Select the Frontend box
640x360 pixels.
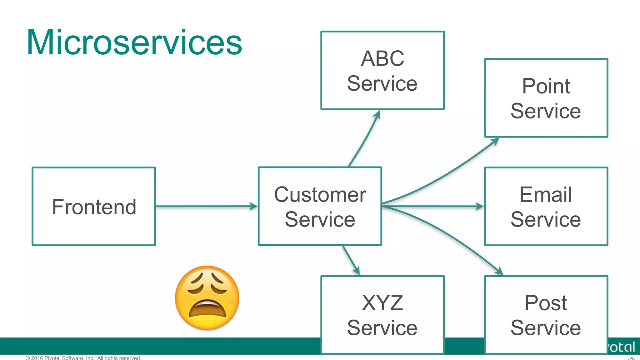click(94, 207)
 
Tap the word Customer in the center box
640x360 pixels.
click(320, 194)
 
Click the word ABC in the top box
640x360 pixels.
click(382, 58)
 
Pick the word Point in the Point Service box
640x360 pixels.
click(546, 86)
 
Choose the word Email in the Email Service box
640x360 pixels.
click(546, 194)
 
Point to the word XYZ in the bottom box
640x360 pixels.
click(382, 303)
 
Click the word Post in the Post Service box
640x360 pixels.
click(546, 303)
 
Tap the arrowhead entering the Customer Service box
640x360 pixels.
click(253, 206)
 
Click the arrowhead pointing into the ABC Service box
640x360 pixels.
click(377, 115)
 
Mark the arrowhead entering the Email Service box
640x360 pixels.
click(479, 206)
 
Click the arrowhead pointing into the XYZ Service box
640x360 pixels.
click(356, 270)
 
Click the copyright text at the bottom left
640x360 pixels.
click(83, 357)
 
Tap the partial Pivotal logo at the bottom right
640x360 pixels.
click(622, 347)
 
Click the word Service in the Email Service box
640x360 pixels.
click(546, 219)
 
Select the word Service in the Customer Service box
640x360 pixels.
click(320, 219)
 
